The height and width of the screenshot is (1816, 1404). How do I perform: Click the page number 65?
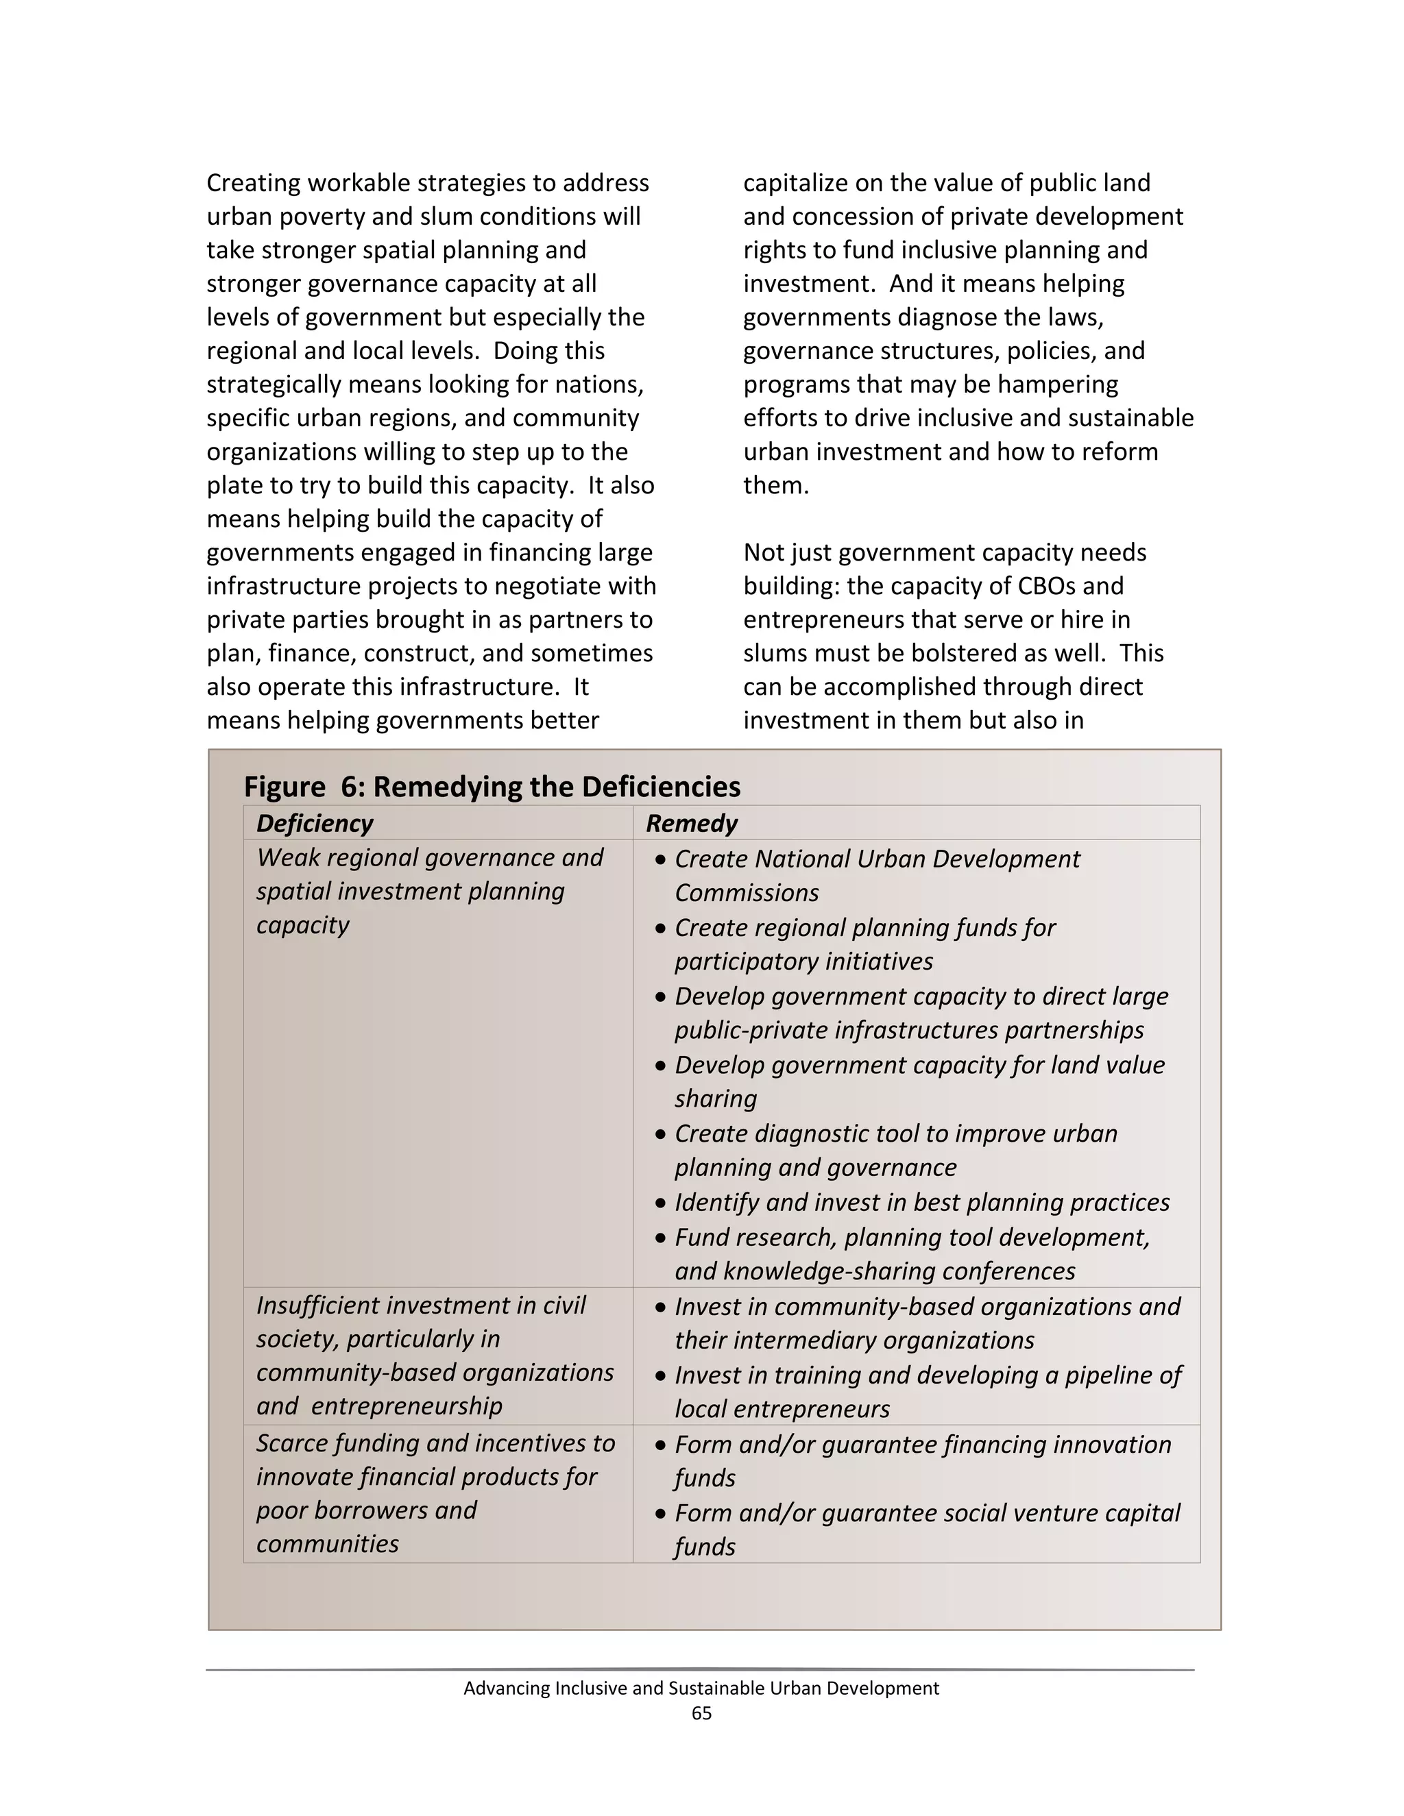pos(701,1713)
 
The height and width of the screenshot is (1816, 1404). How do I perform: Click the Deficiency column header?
pos(315,823)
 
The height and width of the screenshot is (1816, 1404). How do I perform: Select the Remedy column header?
pos(691,823)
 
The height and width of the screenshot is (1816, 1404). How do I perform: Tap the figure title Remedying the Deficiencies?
pos(492,787)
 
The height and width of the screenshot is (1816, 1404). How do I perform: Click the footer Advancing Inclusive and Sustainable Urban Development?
pos(701,1688)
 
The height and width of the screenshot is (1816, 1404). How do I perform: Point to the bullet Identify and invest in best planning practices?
pos(921,1203)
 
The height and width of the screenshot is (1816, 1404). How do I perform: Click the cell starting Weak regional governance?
pos(429,891)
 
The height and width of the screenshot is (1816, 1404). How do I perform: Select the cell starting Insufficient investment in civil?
pos(434,1355)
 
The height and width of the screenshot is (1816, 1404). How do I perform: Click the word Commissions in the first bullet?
pos(746,893)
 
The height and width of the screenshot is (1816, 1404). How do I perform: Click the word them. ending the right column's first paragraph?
pos(775,486)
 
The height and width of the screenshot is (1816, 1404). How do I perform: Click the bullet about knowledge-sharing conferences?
pos(912,1254)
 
